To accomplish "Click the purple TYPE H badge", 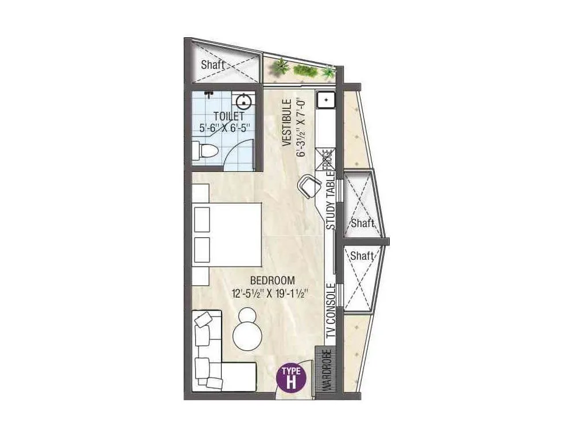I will tap(292, 377).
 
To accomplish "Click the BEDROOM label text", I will tap(273, 280).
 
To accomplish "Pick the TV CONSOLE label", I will tap(331, 315).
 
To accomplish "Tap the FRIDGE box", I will tap(326, 159).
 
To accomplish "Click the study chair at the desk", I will tap(310, 186).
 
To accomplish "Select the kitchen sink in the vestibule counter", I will tap(325, 100).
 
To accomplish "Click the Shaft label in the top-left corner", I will tap(212, 65).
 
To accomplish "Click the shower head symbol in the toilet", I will tap(208, 92).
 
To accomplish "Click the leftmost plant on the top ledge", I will tap(281, 66).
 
